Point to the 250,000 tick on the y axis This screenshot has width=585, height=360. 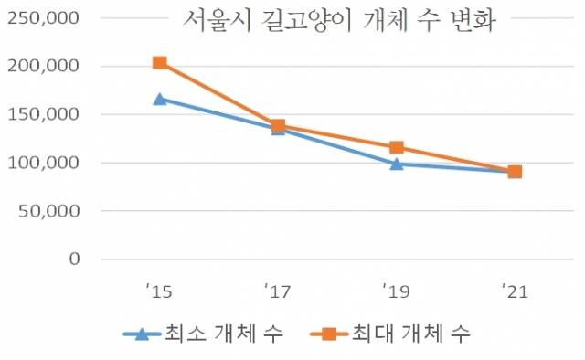pos(42,18)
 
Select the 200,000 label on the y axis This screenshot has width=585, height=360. pos(42,67)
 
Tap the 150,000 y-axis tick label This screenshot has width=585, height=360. pos(42,115)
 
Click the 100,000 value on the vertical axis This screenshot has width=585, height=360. pos(42,163)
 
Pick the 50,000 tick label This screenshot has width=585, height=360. pos(48,211)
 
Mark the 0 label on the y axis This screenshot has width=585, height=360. pos(74,259)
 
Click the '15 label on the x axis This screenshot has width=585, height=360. pos(158,291)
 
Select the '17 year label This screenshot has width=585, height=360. pos(277,291)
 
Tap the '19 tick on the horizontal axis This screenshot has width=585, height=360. pos(396,291)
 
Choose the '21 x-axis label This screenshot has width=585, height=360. pos(514,291)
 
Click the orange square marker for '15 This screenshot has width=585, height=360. pos(159,63)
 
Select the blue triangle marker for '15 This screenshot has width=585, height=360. pos(159,99)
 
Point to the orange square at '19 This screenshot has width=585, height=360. pos(396,147)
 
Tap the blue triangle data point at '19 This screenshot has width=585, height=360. pos(396,164)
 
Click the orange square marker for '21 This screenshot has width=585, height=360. pos(515,172)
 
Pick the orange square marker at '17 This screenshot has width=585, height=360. pos(278,125)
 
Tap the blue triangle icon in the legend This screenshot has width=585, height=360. pos(142,334)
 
